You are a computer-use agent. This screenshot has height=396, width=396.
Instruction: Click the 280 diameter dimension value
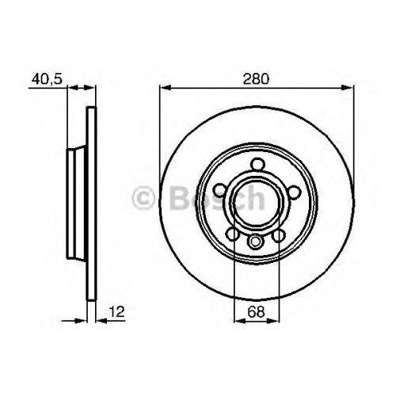(x=256, y=79)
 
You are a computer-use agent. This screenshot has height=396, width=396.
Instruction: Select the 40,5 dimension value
(x=47, y=79)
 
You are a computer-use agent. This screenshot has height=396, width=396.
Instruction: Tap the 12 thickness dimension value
(x=116, y=311)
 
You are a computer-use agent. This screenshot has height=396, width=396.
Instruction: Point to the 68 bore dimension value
(x=256, y=312)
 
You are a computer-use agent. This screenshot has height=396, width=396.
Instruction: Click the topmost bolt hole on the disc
(x=257, y=164)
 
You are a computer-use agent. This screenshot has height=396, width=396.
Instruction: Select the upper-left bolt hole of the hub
(x=220, y=191)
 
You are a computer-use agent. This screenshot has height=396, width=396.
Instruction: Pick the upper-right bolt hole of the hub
(x=295, y=192)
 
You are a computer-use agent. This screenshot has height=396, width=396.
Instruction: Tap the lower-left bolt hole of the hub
(x=233, y=234)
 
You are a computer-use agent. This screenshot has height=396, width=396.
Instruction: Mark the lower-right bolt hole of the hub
(x=279, y=235)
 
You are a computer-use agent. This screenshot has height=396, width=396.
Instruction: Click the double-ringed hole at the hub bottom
(x=256, y=242)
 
